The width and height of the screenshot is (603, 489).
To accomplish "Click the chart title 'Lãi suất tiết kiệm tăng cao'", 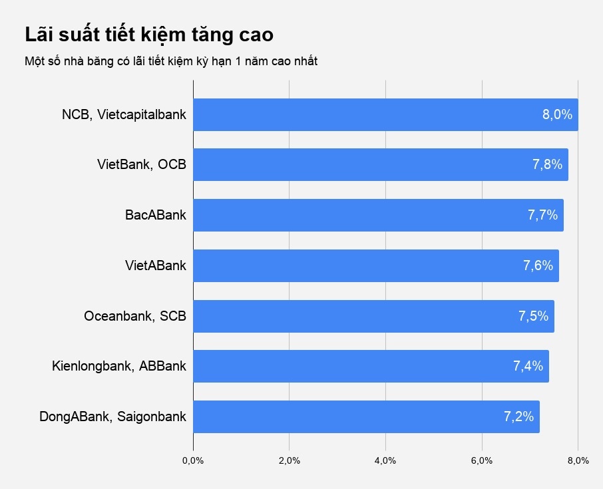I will click(x=149, y=35).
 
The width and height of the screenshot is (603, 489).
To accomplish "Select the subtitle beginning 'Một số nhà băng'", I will click(x=171, y=62).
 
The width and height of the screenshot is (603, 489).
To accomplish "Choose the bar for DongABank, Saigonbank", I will click(x=366, y=416).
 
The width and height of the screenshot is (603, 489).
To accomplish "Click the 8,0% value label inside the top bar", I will click(x=557, y=114).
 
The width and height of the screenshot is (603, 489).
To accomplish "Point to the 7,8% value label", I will click(x=547, y=164).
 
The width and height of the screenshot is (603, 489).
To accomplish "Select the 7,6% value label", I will click(x=538, y=265).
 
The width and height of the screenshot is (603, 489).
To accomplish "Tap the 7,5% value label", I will click(x=533, y=316).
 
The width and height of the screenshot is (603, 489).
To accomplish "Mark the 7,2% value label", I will click(x=518, y=417).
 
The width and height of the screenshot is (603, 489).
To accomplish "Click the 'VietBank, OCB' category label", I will click(x=142, y=164).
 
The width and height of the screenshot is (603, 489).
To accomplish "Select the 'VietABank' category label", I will click(x=156, y=265).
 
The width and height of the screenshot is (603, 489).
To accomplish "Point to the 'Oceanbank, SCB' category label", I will click(x=135, y=316).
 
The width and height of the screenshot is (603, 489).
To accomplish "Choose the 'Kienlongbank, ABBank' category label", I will click(x=119, y=366).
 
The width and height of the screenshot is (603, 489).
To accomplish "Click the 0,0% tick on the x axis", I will click(x=193, y=461).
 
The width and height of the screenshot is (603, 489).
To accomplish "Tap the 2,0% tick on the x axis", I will click(x=289, y=461).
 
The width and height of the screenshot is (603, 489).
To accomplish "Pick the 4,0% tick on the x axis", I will click(x=385, y=461).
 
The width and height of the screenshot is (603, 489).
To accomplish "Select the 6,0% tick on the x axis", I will click(x=481, y=461).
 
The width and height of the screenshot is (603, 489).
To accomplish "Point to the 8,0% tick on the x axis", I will click(x=578, y=461).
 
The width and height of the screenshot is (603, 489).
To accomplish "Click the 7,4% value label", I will click(x=528, y=366).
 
